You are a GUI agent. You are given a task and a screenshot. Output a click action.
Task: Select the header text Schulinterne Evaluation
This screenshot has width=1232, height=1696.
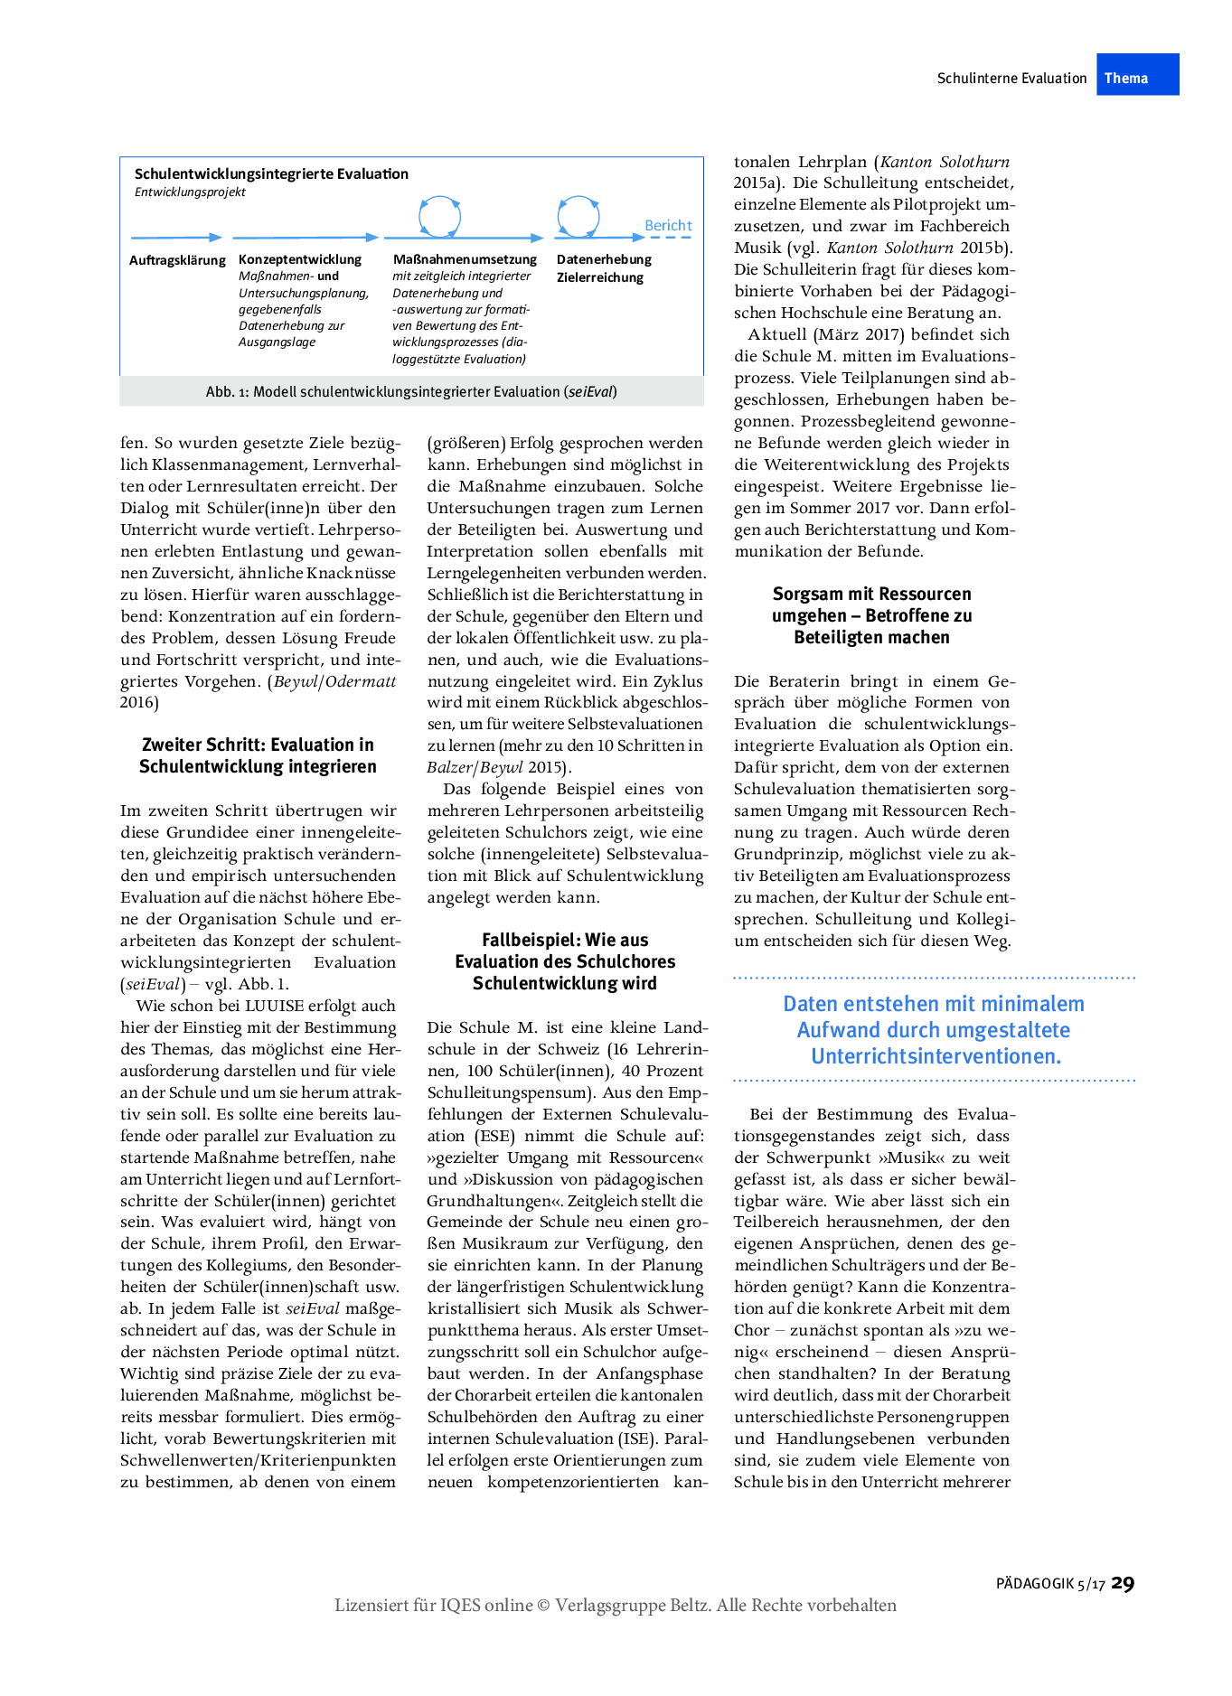[x=1011, y=79]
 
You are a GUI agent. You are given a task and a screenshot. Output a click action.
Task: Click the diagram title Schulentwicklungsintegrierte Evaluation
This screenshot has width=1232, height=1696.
[x=271, y=173]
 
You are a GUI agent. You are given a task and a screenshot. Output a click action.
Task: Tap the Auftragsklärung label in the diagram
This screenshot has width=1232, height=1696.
[x=177, y=260]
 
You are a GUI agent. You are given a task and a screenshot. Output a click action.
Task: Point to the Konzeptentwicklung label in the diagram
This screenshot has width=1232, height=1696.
[x=300, y=259]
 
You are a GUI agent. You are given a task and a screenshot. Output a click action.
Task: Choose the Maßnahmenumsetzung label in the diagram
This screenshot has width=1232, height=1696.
[x=465, y=259]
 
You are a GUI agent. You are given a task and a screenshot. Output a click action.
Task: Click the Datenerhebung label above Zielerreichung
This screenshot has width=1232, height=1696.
[x=604, y=259]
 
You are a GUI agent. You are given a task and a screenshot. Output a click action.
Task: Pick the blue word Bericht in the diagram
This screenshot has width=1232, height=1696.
[x=668, y=225]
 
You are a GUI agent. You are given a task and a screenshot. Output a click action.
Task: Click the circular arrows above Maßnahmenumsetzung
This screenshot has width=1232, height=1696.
[x=439, y=217]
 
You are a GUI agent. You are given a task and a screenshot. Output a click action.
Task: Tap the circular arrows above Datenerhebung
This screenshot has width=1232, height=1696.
[x=578, y=216]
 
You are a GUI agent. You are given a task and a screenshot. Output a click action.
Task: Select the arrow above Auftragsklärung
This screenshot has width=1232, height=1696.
[x=176, y=238]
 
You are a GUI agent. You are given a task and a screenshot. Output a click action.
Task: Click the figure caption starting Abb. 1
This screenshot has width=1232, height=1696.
[x=411, y=391]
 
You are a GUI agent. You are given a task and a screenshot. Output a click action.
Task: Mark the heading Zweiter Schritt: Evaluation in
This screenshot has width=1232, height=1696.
[x=258, y=745]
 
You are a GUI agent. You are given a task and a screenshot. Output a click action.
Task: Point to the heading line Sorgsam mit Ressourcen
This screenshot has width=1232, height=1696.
[x=871, y=594]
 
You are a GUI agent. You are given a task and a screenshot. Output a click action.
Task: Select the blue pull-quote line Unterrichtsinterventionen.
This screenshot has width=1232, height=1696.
[x=936, y=1056]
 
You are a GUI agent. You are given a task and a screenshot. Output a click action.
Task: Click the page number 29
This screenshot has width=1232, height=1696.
[x=1123, y=1583]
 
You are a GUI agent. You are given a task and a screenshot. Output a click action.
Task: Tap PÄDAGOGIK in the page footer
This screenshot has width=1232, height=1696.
[x=1035, y=1584]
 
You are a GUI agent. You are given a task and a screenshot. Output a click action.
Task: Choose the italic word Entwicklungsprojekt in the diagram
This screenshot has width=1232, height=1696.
[x=190, y=192]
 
